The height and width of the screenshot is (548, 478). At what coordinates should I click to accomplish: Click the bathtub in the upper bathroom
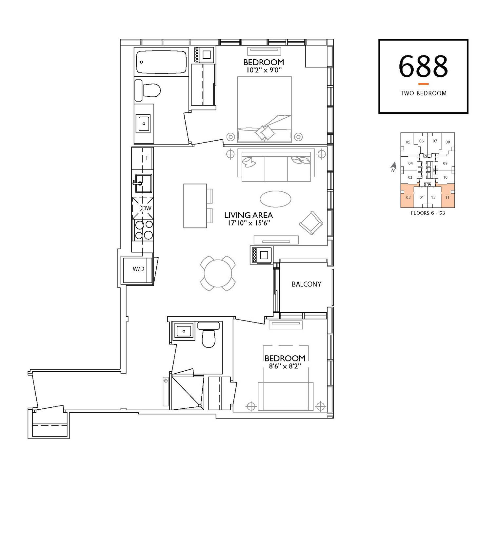(161, 62)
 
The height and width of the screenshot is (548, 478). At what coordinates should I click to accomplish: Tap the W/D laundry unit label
(138, 269)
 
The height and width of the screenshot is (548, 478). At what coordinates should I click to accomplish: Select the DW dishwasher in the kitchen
(143, 208)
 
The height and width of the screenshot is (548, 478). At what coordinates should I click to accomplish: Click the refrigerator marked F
(143, 158)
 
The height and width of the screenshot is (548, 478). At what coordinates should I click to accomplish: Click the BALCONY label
(306, 284)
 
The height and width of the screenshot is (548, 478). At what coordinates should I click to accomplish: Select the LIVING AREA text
(249, 215)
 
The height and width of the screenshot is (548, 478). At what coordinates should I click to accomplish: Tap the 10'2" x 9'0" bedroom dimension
(264, 70)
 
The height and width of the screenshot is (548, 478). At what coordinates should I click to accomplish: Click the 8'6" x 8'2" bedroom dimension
(285, 366)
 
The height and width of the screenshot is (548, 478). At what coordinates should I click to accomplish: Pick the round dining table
(218, 273)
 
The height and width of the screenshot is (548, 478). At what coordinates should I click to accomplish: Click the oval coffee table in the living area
(275, 199)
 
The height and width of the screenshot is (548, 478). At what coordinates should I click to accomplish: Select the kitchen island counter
(195, 206)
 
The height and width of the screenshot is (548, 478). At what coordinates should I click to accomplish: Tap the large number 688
(423, 66)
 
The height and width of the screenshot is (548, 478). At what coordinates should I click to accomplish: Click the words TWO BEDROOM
(423, 93)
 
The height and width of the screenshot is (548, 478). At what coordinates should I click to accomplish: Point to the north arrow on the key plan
(393, 167)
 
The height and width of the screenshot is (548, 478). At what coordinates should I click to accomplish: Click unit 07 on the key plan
(435, 141)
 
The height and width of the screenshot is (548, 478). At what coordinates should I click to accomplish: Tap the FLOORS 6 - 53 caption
(428, 213)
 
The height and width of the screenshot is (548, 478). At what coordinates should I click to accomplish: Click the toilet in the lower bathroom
(209, 334)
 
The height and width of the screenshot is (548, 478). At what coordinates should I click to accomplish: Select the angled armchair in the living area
(311, 223)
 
